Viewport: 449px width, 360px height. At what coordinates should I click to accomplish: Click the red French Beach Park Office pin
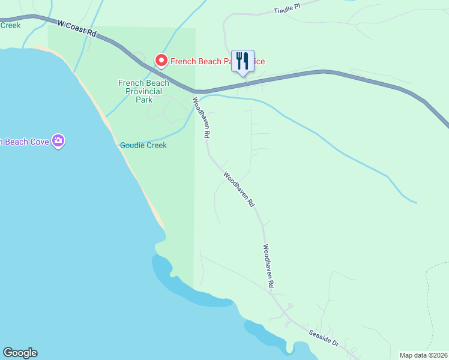click(161, 61)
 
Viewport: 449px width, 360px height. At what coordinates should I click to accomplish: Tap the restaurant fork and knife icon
click(243, 61)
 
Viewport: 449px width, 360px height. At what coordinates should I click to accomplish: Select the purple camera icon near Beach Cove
click(58, 141)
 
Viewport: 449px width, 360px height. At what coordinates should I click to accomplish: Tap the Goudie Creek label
click(143, 145)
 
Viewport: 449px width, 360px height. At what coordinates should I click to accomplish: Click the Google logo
click(20, 353)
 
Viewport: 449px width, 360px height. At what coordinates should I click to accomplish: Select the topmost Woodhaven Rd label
click(200, 118)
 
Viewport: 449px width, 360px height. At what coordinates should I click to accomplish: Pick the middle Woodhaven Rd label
click(239, 190)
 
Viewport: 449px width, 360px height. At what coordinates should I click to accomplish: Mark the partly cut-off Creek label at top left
click(10, 25)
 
